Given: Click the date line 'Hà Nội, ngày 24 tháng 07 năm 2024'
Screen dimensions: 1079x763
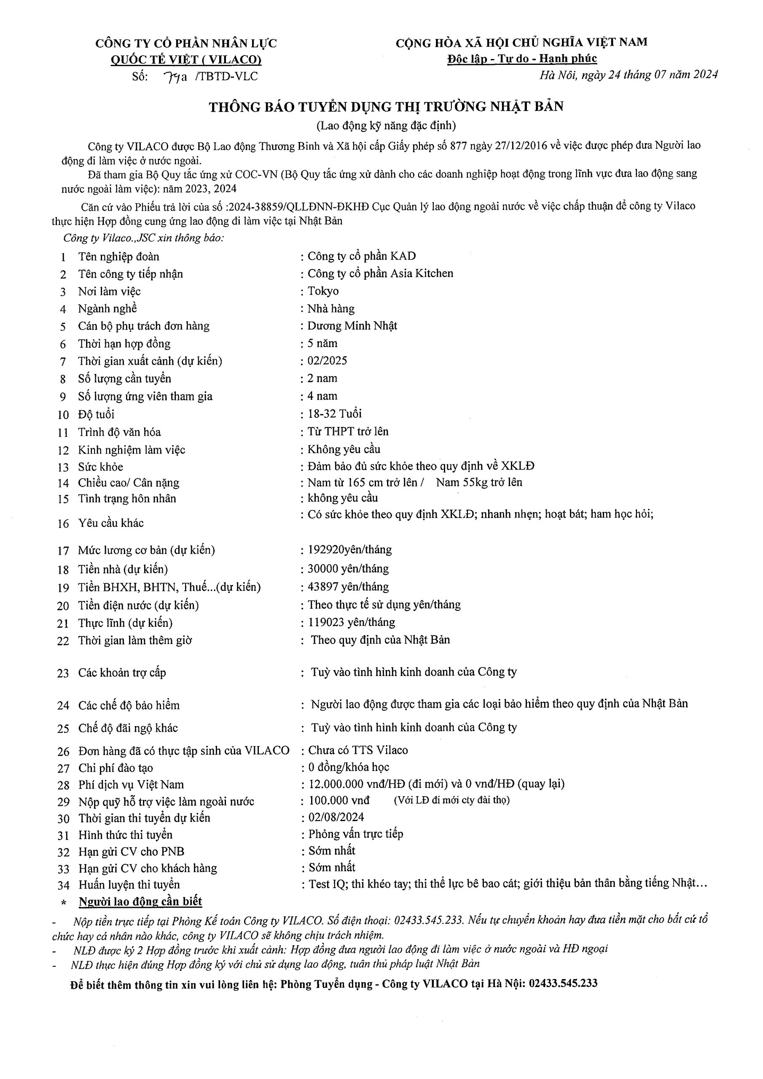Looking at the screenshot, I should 628,75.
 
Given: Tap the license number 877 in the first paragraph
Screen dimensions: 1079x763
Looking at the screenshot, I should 458,146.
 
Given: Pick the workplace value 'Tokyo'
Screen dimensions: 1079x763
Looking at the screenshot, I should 323,291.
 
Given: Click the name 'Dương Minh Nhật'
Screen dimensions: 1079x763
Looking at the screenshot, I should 352,326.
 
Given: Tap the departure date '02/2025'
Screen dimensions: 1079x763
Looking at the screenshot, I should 327,360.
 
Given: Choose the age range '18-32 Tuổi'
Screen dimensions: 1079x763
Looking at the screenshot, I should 334,413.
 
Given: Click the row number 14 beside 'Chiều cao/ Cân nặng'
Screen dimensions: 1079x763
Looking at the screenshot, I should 63,483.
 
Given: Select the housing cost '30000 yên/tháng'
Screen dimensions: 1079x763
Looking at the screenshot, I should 348,569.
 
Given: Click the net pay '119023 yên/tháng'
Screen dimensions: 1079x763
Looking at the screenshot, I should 351,622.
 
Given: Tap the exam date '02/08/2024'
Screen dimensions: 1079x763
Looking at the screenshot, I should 336,817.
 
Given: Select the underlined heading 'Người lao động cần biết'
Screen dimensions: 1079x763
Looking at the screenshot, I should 140,902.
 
